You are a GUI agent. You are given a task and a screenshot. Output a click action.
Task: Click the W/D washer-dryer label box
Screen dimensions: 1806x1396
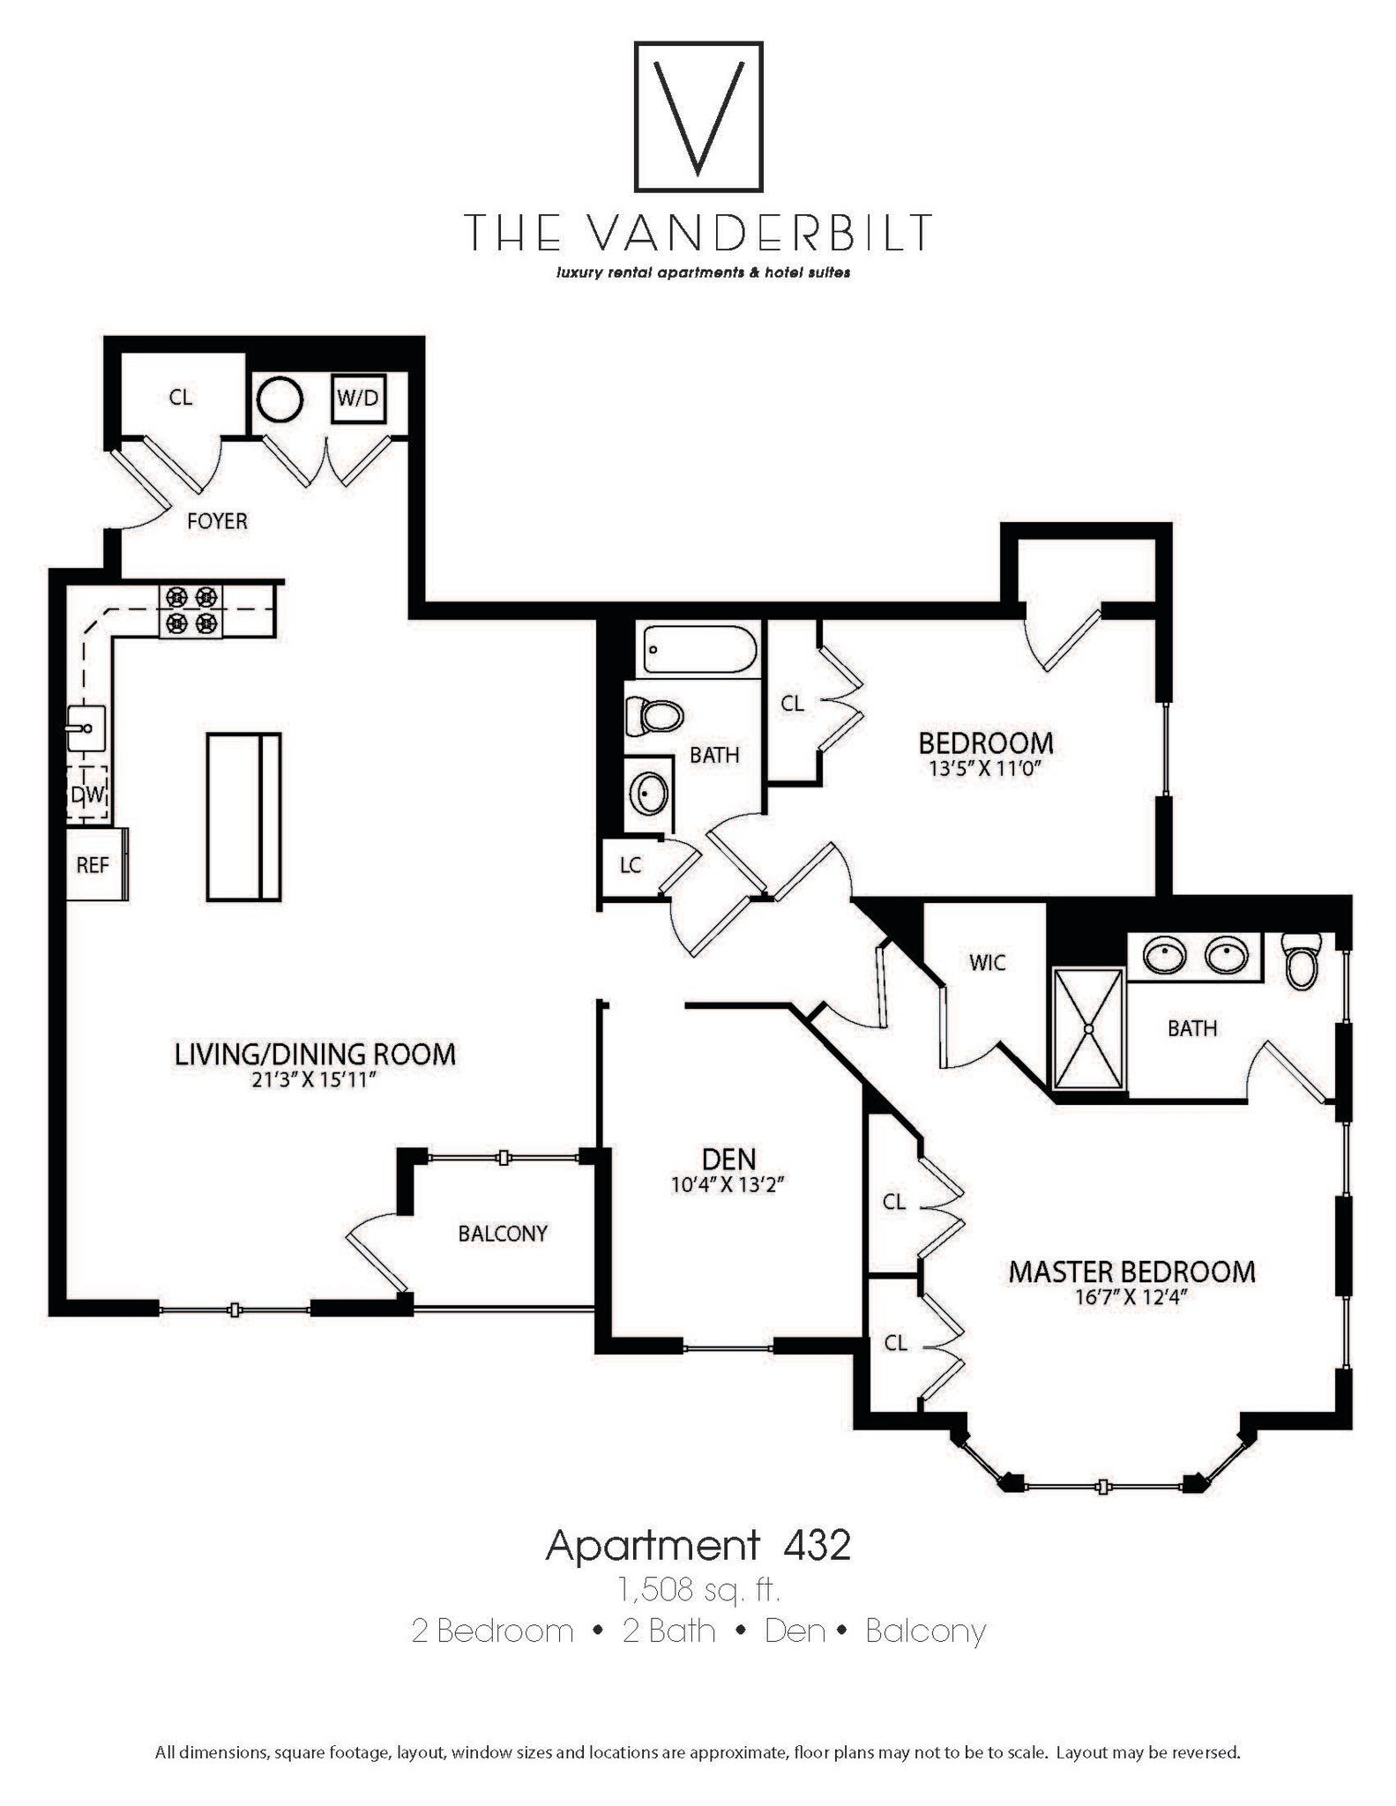click(x=358, y=398)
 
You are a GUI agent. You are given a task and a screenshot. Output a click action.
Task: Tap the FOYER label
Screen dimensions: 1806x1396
click(x=217, y=521)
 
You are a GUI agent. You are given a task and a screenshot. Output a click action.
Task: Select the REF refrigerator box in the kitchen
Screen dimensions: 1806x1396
click(x=93, y=864)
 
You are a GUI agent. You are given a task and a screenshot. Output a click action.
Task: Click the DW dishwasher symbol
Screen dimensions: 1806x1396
click(x=88, y=795)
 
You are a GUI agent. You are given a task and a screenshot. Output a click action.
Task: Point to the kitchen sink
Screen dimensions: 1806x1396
click(x=86, y=728)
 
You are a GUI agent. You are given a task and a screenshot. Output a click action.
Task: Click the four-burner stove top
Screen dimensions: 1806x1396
click(x=190, y=610)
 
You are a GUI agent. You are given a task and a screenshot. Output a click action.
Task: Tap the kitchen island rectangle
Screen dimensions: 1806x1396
click(x=243, y=817)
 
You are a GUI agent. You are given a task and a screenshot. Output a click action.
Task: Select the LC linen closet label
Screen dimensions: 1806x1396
click(x=630, y=865)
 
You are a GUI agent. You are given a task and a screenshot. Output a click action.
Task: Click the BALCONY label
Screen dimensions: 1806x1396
click(x=503, y=1233)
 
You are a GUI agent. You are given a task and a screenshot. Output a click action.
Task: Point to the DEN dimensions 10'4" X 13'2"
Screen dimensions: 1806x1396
click(x=728, y=1185)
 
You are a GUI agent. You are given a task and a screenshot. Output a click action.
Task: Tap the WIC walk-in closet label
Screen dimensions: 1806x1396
click(x=987, y=962)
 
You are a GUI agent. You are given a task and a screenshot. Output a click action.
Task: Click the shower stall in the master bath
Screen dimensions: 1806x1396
click(x=1089, y=1028)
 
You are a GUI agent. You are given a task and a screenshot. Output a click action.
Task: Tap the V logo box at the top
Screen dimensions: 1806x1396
click(x=698, y=116)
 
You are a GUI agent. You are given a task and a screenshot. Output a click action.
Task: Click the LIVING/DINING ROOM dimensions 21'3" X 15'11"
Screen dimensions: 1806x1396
click(x=315, y=1079)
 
